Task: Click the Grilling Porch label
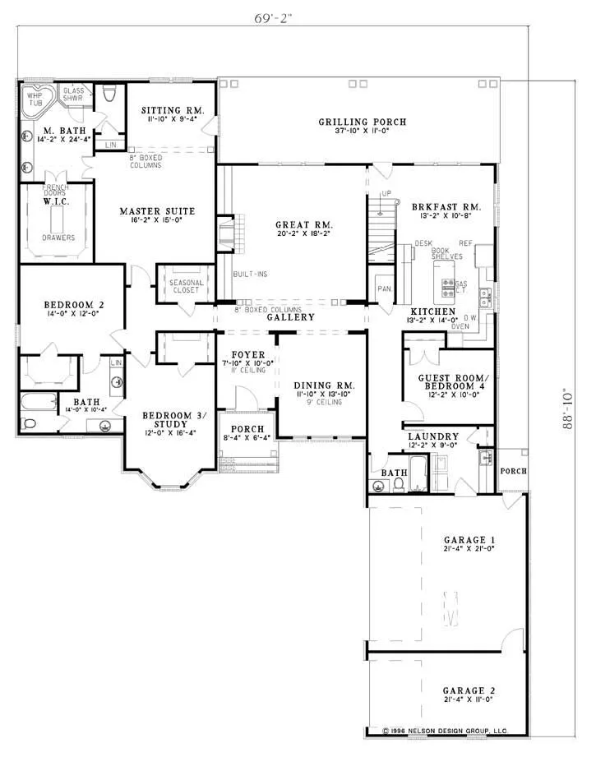[x=362, y=122]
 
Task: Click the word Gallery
[x=290, y=317]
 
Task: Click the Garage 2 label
[x=468, y=690]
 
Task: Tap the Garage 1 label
[x=468, y=539]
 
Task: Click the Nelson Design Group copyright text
[x=445, y=730]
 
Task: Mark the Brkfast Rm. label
[x=446, y=208]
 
